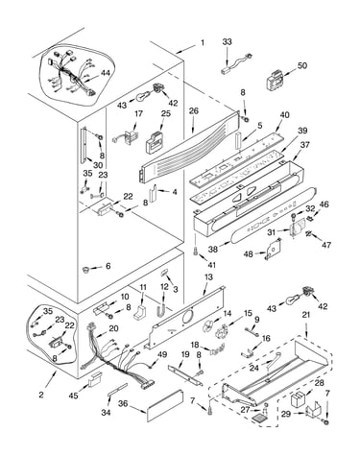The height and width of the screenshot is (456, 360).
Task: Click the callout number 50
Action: pyautogui.click(x=301, y=65)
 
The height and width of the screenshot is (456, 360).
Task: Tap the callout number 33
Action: pyautogui.click(x=227, y=41)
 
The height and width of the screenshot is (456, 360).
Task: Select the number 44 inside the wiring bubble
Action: pyautogui.click(x=106, y=73)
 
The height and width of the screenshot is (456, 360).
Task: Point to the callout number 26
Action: pyautogui.click(x=194, y=110)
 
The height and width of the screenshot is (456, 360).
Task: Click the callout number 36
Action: pyautogui.click(x=123, y=404)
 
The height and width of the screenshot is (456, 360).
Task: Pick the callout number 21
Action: pyautogui.click(x=306, y=315)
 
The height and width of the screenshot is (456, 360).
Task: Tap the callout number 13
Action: pyautogui.click(x=208, y=276)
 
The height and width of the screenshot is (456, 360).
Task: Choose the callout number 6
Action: pyautogui.click(x=108, y=266)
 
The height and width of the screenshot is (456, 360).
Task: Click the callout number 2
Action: pyautogui.click(x=41, y=395)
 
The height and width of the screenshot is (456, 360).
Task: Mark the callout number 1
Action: pyautogui.click(x=203, y=42)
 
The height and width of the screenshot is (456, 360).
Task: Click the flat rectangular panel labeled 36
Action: pyautogui.click(x=165, y=406)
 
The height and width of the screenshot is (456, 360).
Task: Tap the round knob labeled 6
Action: pyautogui.click(x=84, y=270)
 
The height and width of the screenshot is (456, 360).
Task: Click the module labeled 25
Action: pyautogui.click(x=155, y=142)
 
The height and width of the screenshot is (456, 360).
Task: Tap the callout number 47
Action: pyautogui.click(x=326, y=245)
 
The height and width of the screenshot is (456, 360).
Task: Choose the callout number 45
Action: pyautogui.click(x=73, y=396)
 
